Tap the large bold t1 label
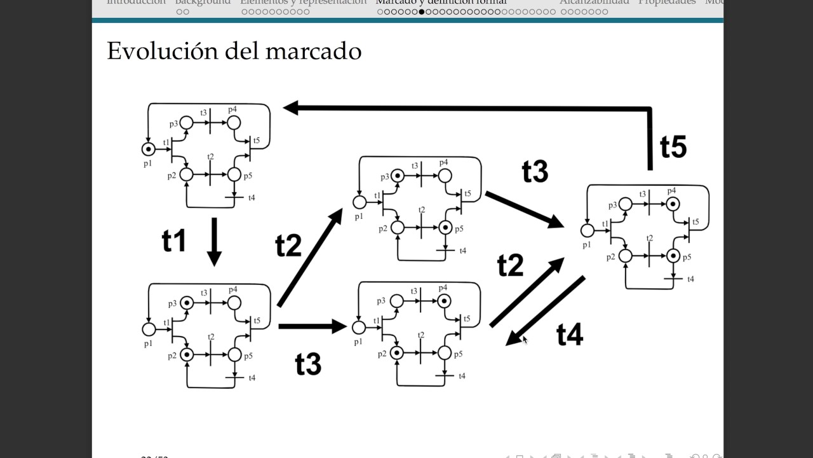point(174,242)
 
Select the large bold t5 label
point(673,147)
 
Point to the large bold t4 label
point(570,334)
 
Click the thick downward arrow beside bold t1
point(214,242)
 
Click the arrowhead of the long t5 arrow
point(291,108)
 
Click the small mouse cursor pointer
point(525,340)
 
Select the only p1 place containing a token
point(148,149)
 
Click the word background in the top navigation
point(203,2)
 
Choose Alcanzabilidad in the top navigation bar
point(594,2)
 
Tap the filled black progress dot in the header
point(422,11)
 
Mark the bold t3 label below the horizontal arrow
point(308,364)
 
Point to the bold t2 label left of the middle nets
point(288,246)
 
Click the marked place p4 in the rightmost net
point(673,204)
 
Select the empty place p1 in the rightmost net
point(588,230)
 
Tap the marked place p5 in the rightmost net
point(673,256)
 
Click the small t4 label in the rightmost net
point(690,279)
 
